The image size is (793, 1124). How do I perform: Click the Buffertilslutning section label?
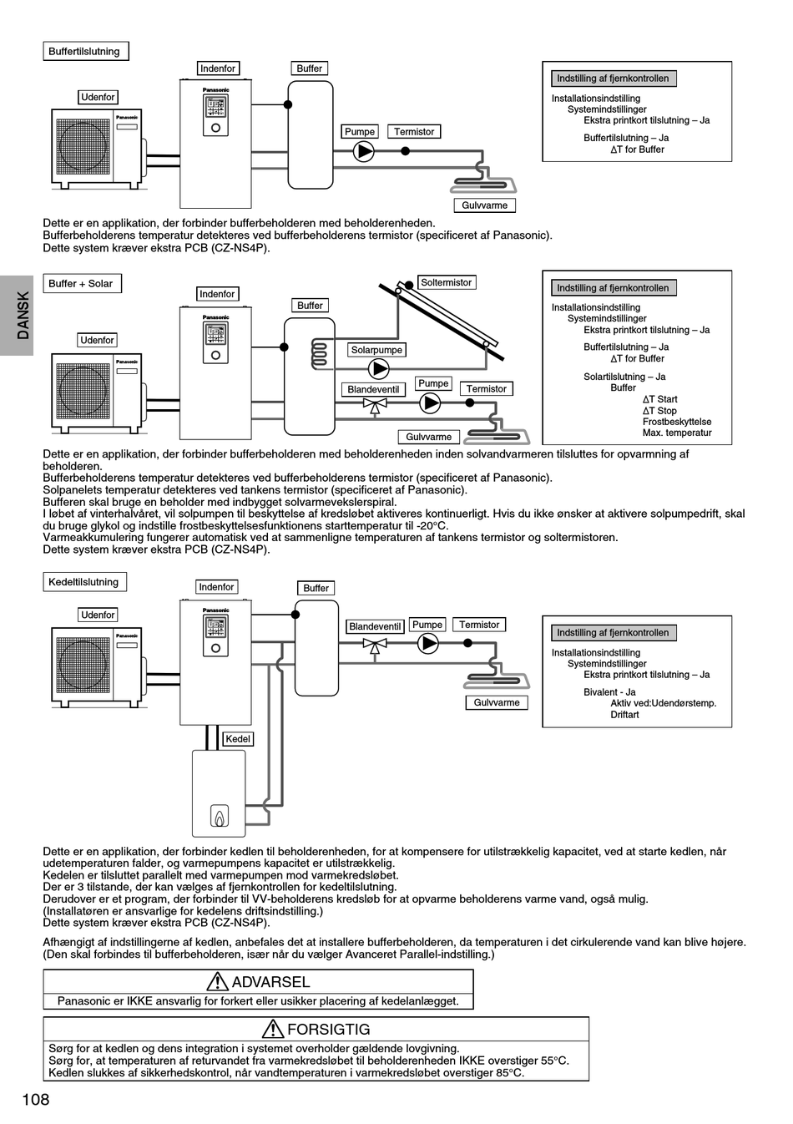84,52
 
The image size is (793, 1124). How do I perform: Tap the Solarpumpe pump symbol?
379,368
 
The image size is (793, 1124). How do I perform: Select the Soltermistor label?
446,283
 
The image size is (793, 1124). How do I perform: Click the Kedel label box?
238,739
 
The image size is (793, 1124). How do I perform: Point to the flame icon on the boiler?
219,816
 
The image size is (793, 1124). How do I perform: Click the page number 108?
36,1100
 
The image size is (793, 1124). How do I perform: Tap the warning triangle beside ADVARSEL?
218,982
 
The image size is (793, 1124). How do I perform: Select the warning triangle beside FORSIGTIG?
273,1030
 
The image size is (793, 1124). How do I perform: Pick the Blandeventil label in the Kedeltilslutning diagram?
375,626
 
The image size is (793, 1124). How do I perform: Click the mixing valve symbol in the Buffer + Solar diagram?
375,405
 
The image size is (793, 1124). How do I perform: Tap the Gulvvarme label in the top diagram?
485,205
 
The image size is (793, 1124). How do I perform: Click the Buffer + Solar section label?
81,284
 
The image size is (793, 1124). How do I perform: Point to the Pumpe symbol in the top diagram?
364,152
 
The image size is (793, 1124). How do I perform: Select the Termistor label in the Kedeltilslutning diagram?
479,625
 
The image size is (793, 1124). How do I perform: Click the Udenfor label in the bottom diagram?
98,615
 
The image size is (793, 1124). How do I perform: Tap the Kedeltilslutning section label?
83,582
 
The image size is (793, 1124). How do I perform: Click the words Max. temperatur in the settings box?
677,433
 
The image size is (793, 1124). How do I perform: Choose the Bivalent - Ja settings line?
609,692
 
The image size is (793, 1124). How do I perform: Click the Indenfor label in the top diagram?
218,68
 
